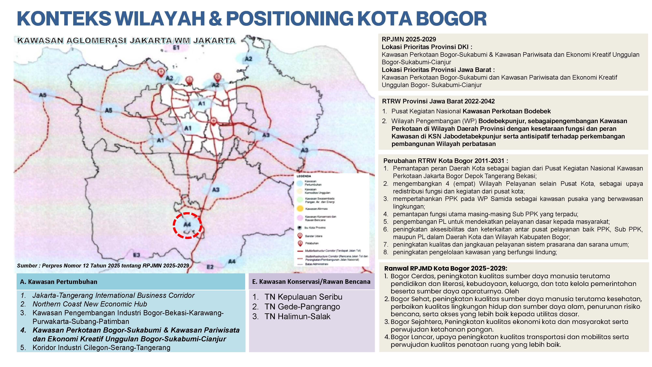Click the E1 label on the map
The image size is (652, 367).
coord(176,48)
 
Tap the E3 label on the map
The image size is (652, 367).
coord(137,255)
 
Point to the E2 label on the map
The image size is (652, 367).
coord(210,267)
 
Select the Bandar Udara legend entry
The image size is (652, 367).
coord(313,236)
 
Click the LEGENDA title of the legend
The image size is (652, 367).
coord(304,176)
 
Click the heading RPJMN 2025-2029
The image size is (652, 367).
coord(409,39)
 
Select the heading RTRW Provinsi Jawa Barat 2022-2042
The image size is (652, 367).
coord(438,101)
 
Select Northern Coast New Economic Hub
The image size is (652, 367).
coord(90,304)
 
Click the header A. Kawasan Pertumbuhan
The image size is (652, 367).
coord(59,282)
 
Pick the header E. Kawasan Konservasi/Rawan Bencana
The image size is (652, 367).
coord(311,281)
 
